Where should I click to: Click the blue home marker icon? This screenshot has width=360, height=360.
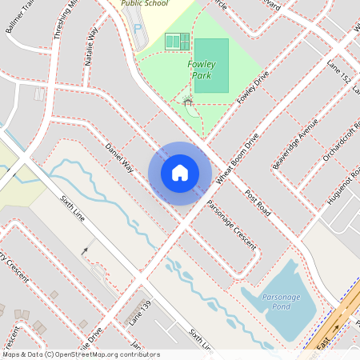180,173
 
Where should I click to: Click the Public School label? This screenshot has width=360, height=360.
145,3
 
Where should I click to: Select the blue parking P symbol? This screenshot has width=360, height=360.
137,30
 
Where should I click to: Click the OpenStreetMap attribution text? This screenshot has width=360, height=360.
81,354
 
